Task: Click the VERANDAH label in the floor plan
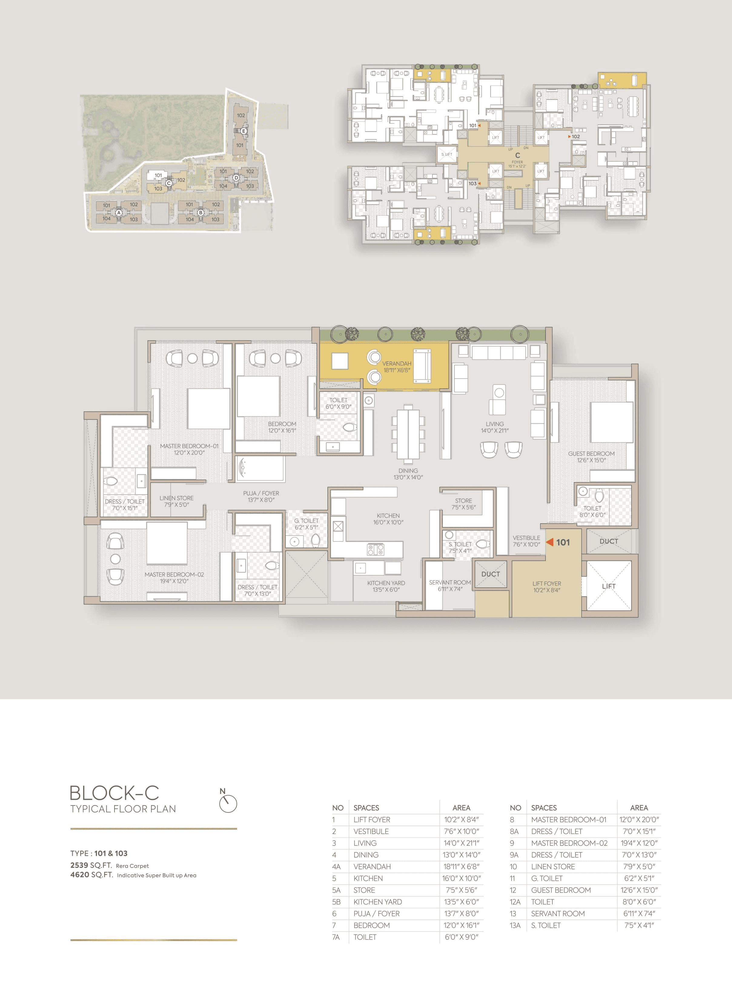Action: point(396,364)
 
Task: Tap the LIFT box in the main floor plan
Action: point(608,586)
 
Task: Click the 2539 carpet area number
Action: point(79,865)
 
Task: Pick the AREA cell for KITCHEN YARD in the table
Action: point(461,901)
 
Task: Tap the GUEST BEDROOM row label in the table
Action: point(561,890)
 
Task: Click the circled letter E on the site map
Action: point(243,131)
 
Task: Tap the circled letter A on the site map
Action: point(119,213)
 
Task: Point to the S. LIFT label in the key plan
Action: point(447,154)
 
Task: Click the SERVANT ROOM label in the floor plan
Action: point(450,583)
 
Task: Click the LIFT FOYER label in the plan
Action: point(546,584)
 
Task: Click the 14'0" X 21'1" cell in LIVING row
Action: point(461,843)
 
